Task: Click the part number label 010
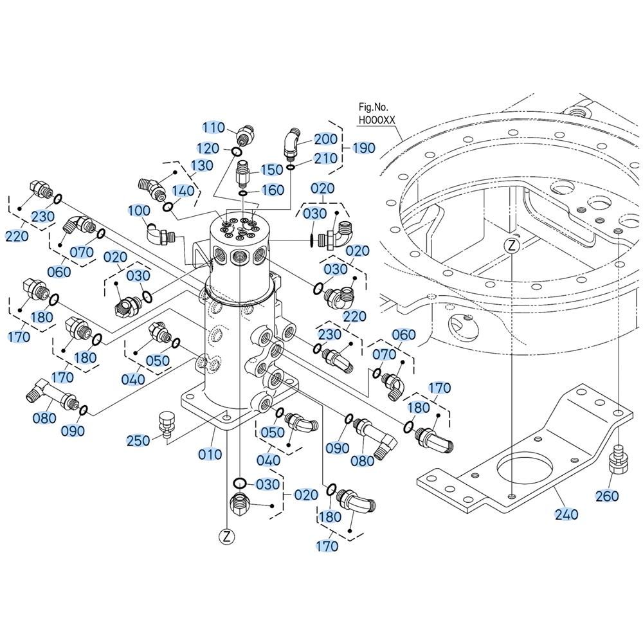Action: pyautogui.click(x=210, y=454)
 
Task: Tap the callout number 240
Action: pyautogui.click(x=566, y=514)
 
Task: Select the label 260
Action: pyautogui.click(x=607, y=496)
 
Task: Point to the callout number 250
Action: pyautogui.click(x=138, y=440)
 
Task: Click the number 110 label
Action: pyautogui.click(x=213, y=127)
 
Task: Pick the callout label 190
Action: pyautogui.click(x=364, y=148)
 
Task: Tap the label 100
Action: pyautogui.click(x=139, y=210)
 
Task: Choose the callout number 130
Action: pyautogui.click(x=202, y=165)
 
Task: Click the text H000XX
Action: pyautogui.click(x=377, y=120)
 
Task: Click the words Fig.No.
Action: pyautogui.click(x=373, y=107)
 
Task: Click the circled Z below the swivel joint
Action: pyautogui.click(x=227, y=536)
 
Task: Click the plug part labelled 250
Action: pyautogui.click(x=165, y=424)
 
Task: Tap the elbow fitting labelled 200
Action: pyautogui.click(x=293, y=144)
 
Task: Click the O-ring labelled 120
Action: pyautogui.click(x=236, y=152)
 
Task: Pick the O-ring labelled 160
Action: pyautogui.click(x=243, y=193)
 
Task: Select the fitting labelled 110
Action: pyautogui.click(x=246, y=134)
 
